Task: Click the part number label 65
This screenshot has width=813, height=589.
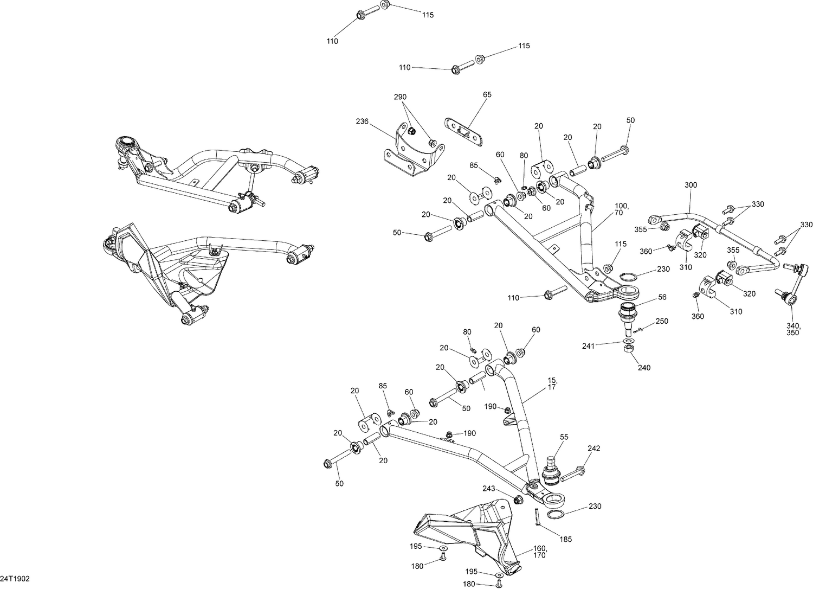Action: [487, 94]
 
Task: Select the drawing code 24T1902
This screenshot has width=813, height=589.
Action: [15, 579]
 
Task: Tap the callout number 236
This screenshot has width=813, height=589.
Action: [363, 121]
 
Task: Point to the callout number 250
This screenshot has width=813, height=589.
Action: [662, 321]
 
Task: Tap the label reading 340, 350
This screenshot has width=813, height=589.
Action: [792, 329]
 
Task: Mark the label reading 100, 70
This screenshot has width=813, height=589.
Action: [621, 210]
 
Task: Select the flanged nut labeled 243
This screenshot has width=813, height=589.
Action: [518, 498]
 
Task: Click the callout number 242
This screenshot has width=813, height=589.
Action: [593, 449]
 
